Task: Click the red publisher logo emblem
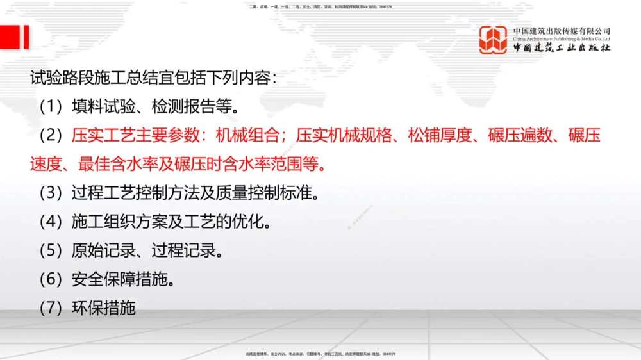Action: pos(493,40)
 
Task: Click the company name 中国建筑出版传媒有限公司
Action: pos(562,31)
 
